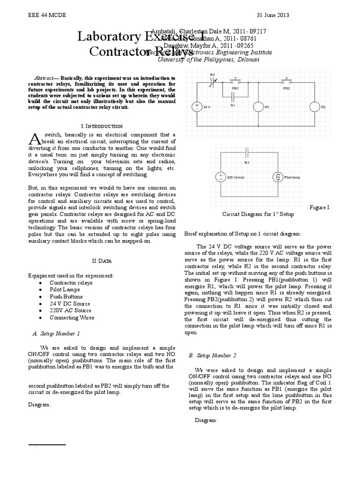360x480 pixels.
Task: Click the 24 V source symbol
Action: point(197,107)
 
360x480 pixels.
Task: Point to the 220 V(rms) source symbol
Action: point(220,177)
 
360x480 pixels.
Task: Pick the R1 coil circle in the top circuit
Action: point(258,107)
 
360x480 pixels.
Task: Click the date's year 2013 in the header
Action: point(283,15)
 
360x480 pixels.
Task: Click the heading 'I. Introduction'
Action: point(102,126)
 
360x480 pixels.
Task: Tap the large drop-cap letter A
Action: point(35,139)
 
